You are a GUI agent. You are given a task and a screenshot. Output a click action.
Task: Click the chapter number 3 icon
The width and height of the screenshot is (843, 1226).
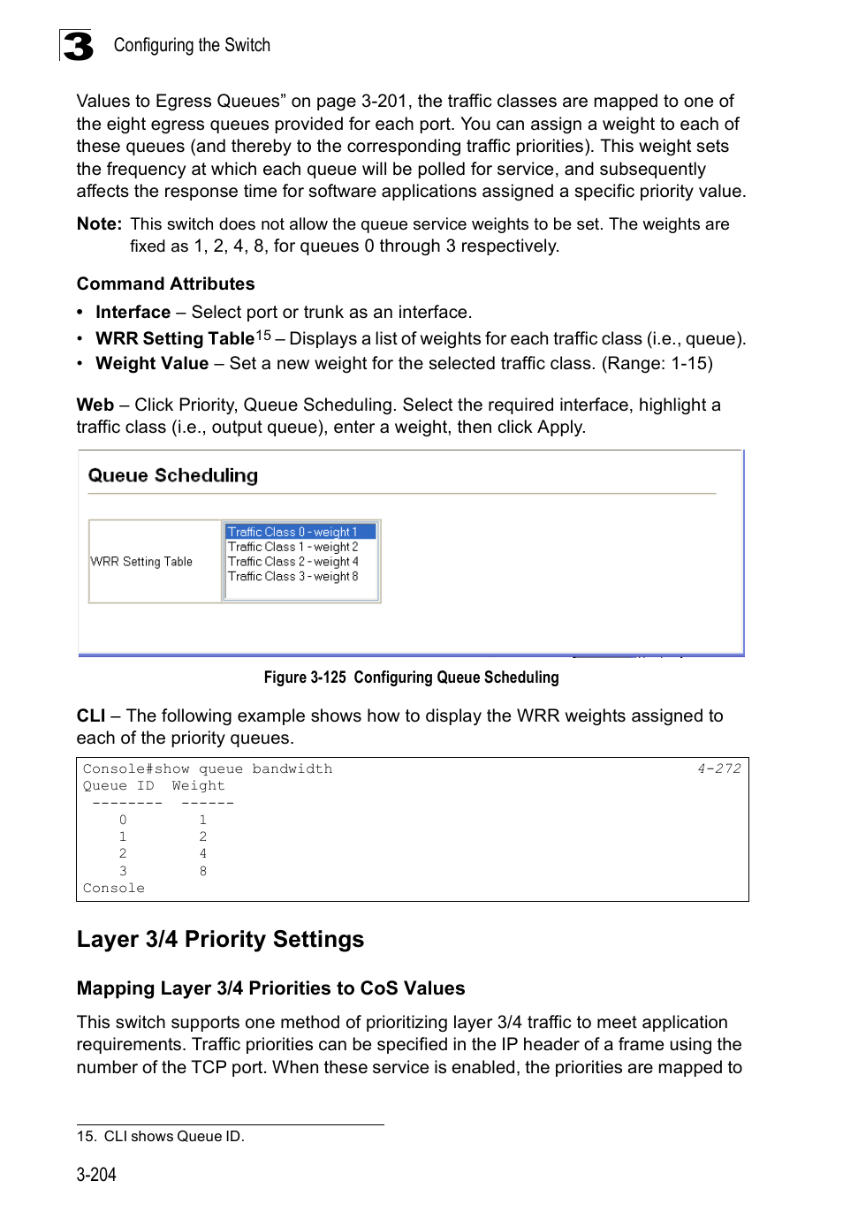point(77,46)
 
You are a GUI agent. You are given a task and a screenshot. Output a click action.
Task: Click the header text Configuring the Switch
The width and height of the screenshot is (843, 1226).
point(192,45)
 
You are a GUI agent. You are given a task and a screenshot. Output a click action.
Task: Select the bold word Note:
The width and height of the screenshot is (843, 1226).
point(99,224)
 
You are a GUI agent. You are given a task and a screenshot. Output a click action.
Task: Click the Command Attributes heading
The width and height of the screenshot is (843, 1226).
point(165,284)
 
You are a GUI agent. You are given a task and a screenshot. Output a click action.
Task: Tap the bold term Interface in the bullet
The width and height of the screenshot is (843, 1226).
point(133,312)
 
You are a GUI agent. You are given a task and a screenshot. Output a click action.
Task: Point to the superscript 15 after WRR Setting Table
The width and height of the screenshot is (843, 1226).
point(263,335)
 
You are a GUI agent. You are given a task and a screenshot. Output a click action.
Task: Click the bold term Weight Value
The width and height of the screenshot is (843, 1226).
point(152,363)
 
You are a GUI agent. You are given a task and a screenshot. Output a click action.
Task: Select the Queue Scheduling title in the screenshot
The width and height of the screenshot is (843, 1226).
point(172,475)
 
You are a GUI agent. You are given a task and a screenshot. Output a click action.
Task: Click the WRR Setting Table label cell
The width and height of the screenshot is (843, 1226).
point(141,562)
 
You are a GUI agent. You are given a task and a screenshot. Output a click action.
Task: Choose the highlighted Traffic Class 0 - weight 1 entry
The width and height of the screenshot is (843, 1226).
point(292,532)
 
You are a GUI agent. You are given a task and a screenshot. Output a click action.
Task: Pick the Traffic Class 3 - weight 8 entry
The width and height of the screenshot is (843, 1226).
point(292,577)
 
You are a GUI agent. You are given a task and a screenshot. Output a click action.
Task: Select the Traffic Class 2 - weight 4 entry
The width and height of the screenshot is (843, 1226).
point(292,562)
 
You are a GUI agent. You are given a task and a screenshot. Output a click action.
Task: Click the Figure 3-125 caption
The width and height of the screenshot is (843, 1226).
point(411,677)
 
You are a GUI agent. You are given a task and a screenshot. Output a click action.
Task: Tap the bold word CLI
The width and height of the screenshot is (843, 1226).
point(90,715)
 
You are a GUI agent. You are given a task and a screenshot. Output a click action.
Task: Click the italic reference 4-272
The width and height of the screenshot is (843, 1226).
point(718,768)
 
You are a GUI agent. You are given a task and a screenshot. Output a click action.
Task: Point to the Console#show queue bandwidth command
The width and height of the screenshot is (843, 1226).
point(208,769)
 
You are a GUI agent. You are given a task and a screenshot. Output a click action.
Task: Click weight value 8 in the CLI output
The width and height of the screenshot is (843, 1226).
point(203,871)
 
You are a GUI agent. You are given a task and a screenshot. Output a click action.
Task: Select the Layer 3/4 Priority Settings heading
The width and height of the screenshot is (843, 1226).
point(220,939)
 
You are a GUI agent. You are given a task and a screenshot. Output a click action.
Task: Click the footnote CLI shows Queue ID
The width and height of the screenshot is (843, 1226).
point(173,1137)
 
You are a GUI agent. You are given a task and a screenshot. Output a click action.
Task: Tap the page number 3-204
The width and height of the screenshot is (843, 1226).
point(96,1175)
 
